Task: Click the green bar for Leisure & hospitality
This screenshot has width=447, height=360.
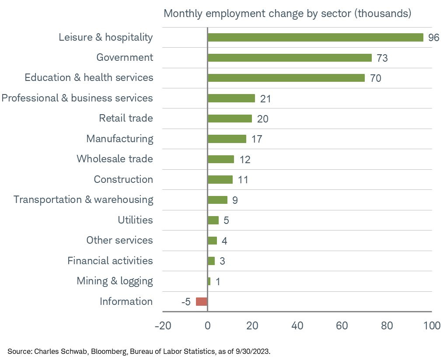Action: coord(315,38)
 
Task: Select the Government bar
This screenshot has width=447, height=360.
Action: coord(290,58)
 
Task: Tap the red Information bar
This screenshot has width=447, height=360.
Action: coord(202,301)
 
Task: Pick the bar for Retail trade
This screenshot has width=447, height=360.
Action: coord(230,119)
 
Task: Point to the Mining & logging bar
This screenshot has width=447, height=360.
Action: coord(209,281)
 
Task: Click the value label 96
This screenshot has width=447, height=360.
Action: coord(433,38)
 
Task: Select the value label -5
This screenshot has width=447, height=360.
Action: coord(186,302)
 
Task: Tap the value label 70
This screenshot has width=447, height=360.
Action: coord(375,78)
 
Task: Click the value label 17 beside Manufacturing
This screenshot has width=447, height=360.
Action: coord(256,139)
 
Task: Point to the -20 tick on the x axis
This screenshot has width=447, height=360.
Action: coord(163,326)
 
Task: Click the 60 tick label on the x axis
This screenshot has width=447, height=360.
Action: coord(342,326)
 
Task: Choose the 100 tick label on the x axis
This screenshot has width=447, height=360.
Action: coord(431,326)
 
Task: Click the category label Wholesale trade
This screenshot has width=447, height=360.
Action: coord(115,159)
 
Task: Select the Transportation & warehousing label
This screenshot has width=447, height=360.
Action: coord(83,199)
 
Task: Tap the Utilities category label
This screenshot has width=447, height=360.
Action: coord(135,220)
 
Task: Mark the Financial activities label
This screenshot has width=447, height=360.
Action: coord(110,261)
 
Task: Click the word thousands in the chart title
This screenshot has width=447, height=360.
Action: coord(383,14)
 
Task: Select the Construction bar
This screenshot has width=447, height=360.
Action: coord(220,179)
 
